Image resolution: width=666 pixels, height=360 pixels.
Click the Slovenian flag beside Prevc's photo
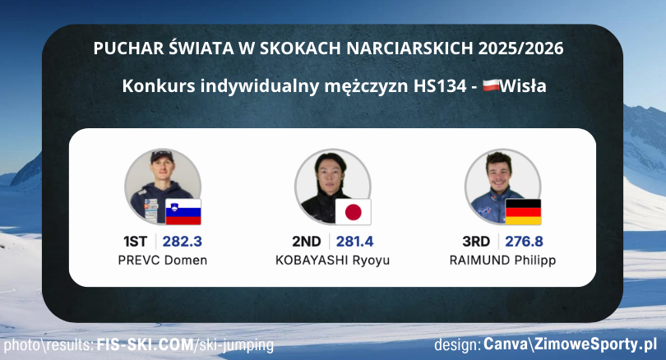coord(183,212)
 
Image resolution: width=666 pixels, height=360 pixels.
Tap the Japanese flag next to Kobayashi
coord(353,212)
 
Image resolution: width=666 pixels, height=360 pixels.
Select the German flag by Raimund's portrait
coord(523,212)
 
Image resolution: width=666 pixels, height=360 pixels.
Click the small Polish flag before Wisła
coord(491,85)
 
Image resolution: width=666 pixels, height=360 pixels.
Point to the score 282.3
coord(183,242)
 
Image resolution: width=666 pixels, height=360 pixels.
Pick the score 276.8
coord(523,242)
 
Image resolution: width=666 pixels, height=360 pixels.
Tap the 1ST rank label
coord(135,242)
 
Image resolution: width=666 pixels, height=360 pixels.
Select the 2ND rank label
coord(306,242)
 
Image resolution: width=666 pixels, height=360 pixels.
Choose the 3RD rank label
coord(476,242)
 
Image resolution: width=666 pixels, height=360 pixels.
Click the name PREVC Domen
coord(162,261)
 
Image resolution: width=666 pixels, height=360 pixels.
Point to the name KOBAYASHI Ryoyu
coord(332,261)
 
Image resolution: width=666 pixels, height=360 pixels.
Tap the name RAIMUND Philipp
coord(502,261)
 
